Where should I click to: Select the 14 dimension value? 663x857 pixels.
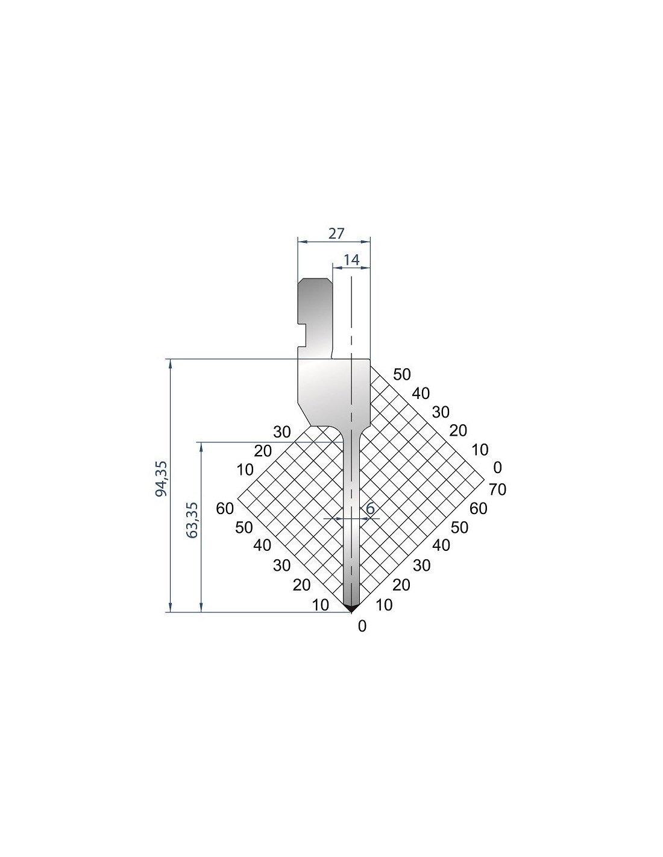pos(351,260)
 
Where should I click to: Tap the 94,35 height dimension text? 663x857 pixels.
pos(162,479)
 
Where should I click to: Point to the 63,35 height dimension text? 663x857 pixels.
pos(193,520)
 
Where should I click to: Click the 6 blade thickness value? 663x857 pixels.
pos(370,509)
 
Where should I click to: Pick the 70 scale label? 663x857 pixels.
pos(497,489)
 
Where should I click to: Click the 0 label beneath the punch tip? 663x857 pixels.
pos(362,626)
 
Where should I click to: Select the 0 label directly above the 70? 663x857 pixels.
pos(497,467)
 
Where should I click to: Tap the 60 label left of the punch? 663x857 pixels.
pos(225,509)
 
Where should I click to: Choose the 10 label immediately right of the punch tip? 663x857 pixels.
pos(384,604)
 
